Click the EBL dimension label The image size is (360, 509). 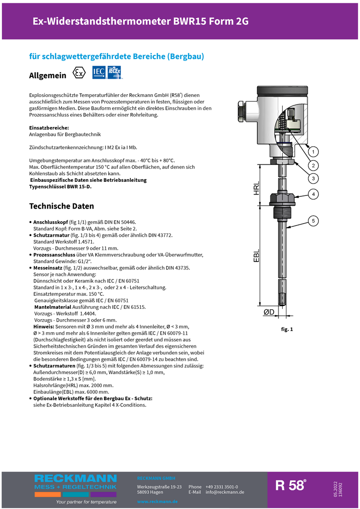[x=256, y=256]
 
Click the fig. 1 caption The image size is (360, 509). [x=287, y=329]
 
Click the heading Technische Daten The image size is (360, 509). [x=61, y=206]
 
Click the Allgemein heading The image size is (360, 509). [x=48, y=75]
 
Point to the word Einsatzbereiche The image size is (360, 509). [x=49, y=127]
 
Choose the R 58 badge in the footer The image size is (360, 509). [x=291, y=486]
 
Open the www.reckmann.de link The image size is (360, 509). [x=157, y=502]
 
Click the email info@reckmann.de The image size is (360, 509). [x=225, y=492]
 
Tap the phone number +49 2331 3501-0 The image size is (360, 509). [x=222, y=487]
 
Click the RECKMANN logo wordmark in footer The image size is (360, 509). [x=75, y=479]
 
